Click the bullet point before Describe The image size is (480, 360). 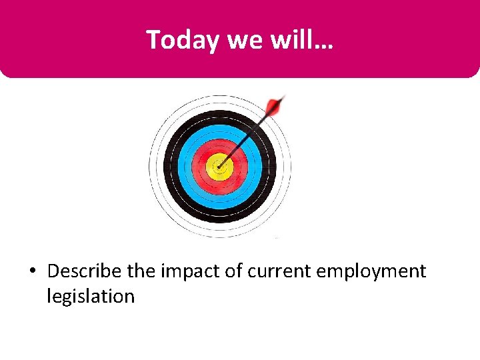coord(33,272)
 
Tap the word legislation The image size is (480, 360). coord(91,296)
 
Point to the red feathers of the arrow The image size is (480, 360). coord(274,106)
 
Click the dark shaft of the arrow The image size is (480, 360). coord(247,135)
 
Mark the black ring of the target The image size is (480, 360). coord(171,167)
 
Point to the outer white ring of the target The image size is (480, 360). coord(154,167)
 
